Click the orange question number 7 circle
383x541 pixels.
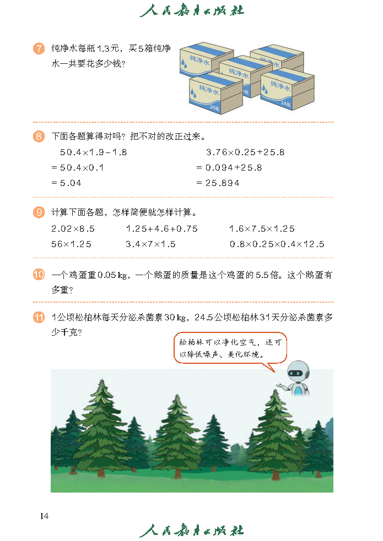coord(39,48)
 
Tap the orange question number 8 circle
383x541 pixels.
coord(39,136)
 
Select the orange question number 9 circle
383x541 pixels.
coord(39,212)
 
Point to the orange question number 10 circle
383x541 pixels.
coord(39,275)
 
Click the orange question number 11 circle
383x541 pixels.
coord(39,317)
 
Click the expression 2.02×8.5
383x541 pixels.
coord(73,229)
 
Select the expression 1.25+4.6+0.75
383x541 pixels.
coord(161,229)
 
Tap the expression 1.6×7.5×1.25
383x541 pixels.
coord(262,229)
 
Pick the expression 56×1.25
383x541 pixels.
coord(71,244)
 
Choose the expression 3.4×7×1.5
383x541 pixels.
coord(150,244)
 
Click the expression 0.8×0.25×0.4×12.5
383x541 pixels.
coord(277,244)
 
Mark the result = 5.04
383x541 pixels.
coord(66,183)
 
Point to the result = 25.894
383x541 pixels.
coord(218,183)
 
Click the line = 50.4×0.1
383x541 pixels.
coord(77,168)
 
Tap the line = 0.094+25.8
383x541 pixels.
coord(229,168)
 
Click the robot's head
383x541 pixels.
coord(298,372)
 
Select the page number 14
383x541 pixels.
coord(44,516)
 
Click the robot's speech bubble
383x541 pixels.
coord(230,348)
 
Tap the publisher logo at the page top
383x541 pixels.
coord(192,10)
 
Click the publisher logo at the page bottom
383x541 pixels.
coord(192,531)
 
